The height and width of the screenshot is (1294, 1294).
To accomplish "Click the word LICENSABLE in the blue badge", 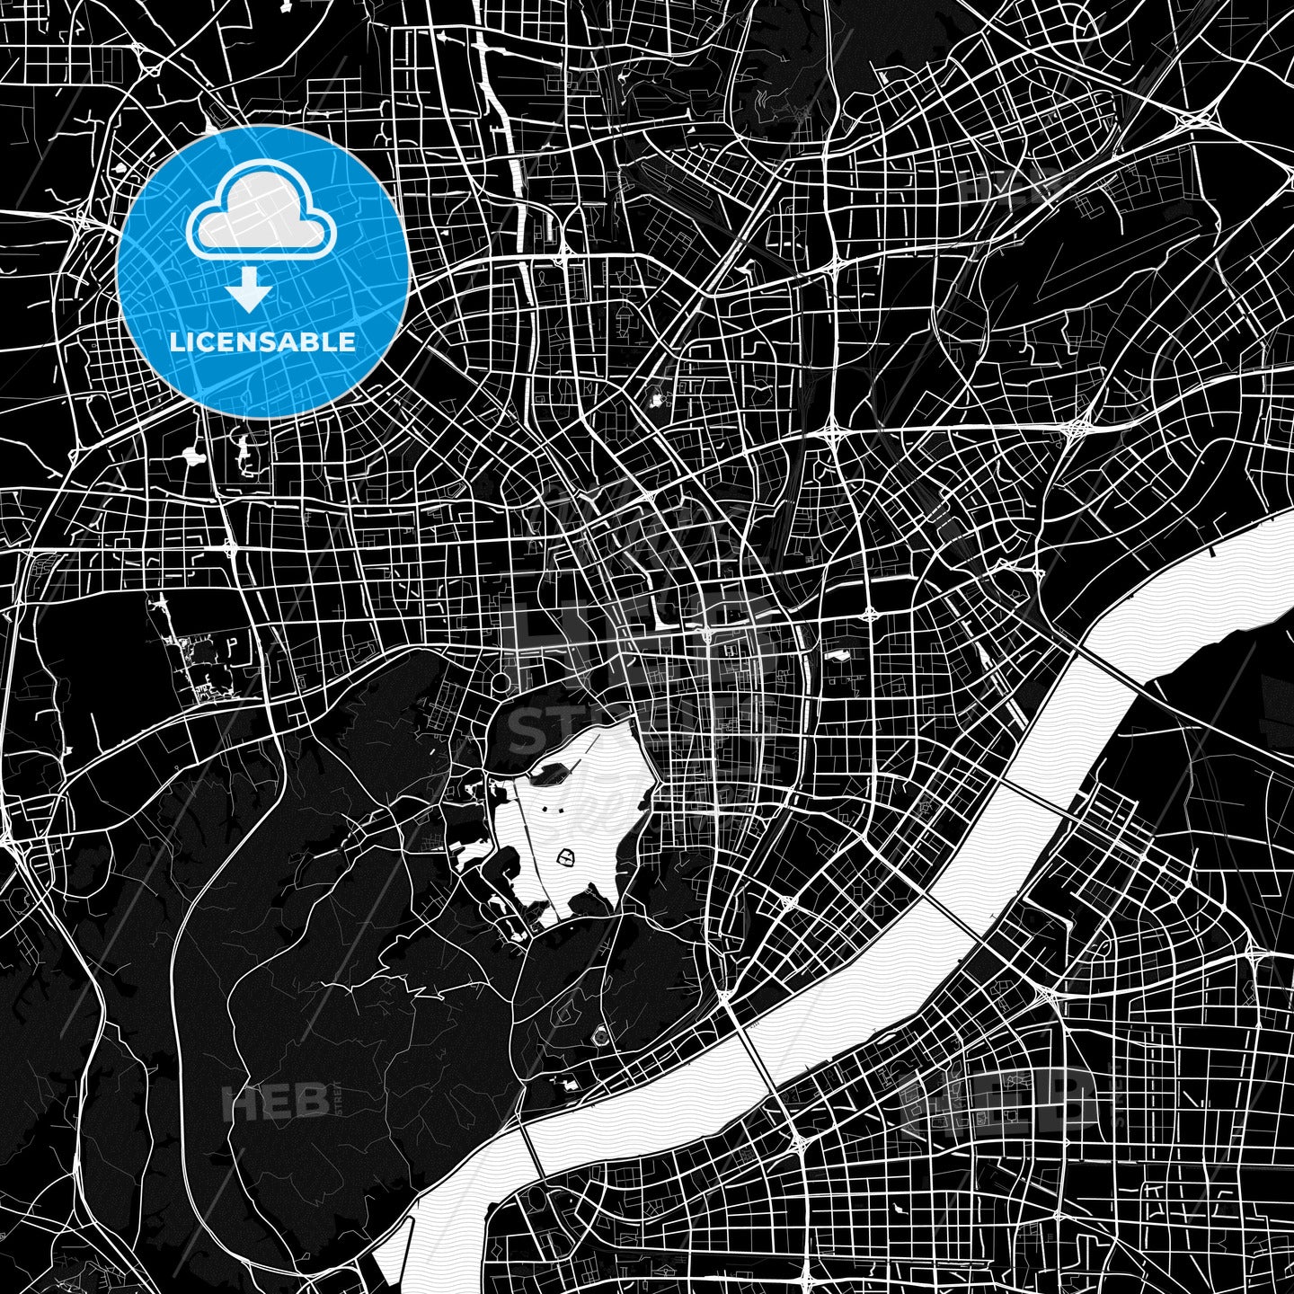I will point(263,342).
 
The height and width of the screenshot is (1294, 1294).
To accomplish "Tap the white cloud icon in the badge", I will point(261,216).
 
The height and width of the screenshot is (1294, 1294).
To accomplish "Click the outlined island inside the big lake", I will point(566,858).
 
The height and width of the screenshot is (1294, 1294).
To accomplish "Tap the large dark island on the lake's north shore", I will point(557,765).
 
